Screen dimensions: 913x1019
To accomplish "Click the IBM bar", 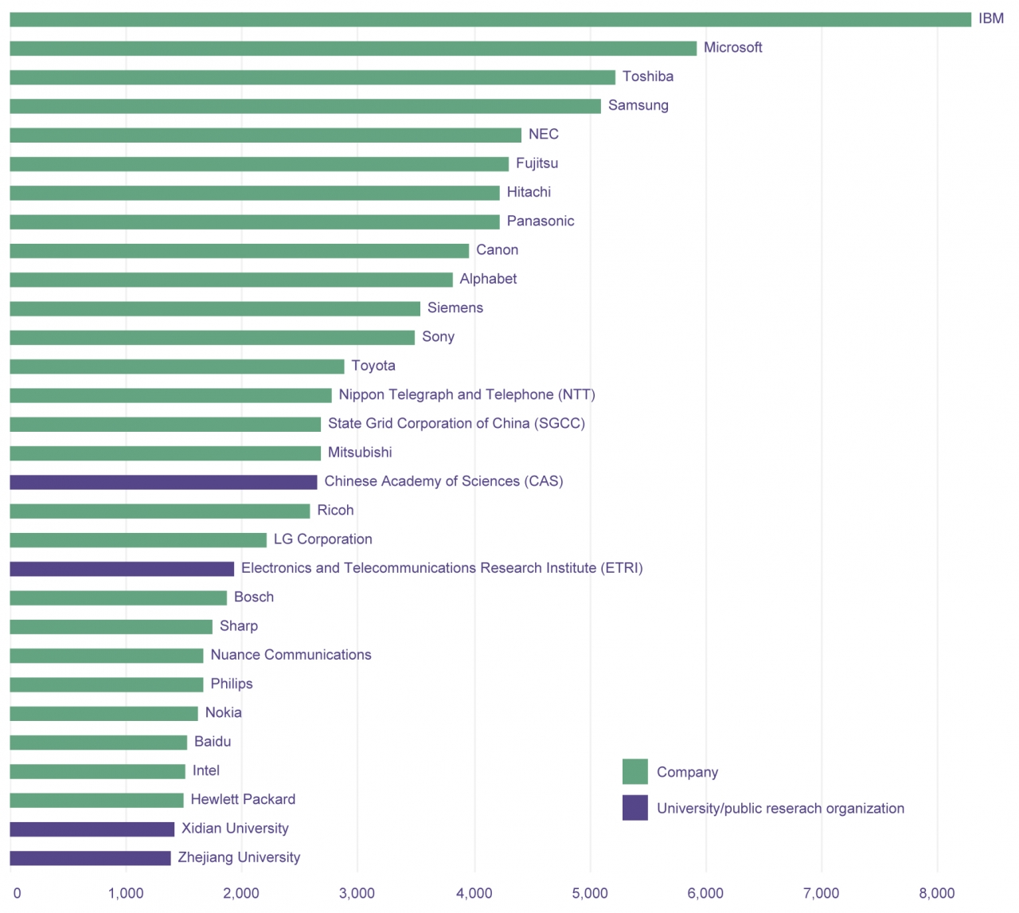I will tap(490, 20).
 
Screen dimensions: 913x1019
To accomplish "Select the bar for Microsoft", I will tap(353, 49).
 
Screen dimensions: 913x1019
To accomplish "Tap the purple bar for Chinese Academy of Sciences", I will tap(163, 482).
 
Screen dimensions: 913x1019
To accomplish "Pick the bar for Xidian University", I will tap(92, 829).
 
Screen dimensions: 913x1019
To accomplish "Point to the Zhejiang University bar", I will tap(90, 858).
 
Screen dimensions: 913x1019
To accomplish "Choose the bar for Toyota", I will tap(177, 366).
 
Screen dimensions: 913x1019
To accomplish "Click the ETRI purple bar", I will tap(122, 569).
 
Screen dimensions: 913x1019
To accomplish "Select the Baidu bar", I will tap(98, 743).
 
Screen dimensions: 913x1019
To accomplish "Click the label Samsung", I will tap(638, 106).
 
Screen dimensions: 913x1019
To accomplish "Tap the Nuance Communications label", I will tap(291, 655).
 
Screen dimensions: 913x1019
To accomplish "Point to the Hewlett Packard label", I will tap(243, 800).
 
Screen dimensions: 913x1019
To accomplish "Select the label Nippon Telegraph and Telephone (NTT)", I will tap(467, 395).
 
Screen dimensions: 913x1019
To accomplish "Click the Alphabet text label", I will tap(488, 279).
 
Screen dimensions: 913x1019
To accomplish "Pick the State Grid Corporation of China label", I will tap(456, 424).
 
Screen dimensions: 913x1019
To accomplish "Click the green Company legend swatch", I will tap(634, 772).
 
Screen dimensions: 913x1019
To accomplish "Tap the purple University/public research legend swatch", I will tap(634, 808).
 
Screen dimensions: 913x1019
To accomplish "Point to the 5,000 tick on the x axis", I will tap(590, 894).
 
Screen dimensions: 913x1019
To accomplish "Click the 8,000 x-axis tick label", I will tap(937, 894).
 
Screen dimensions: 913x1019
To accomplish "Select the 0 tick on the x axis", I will tap(17, 894).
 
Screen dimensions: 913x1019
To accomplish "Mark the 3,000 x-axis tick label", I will tap(357, 894).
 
